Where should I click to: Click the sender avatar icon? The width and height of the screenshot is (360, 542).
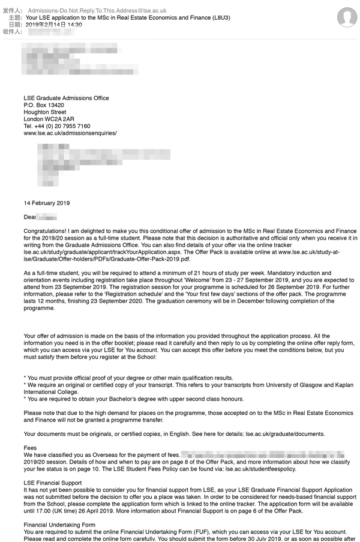click(x=347, y=17)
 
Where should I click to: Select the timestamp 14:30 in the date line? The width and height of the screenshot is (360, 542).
click(x=74, y=25)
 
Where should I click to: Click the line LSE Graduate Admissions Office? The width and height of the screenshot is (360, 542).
click(x=66, y=98)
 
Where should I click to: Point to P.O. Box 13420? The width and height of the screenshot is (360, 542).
click(x=44, y=105)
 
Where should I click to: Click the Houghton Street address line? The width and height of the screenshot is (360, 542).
click(x=45, y=112)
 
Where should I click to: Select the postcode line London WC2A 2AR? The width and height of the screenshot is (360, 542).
click(x=49, y=119)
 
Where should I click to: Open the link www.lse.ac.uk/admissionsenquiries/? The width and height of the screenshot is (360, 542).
click(x=70, y=133)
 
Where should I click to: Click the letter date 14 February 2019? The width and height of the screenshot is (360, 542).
click(x=47, y=203)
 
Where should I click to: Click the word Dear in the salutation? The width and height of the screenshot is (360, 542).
click(x=30, y=217)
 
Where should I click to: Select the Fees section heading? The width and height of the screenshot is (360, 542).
click(x=30, y=448)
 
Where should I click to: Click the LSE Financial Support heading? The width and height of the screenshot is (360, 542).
click(x=53, y=483)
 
